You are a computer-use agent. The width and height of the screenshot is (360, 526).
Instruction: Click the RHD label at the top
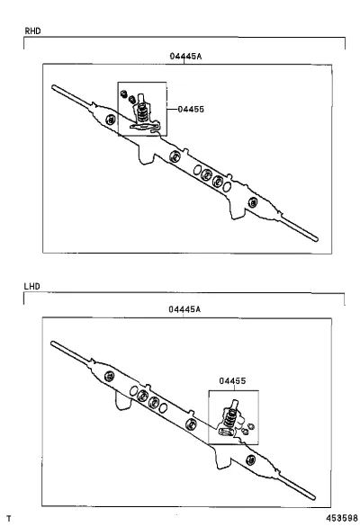pos(32,31)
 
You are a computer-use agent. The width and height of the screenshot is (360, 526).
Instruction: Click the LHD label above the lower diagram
pos(31,286)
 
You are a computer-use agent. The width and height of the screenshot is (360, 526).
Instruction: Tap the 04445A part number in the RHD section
pos(185,56)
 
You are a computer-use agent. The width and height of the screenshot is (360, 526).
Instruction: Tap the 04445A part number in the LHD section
pos(184,309)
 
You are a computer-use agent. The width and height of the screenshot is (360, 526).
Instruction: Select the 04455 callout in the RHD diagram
pos(191,109)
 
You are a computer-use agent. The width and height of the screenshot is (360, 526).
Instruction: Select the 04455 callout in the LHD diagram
pos(232,380)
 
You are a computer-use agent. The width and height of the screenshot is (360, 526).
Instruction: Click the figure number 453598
pos(341,518)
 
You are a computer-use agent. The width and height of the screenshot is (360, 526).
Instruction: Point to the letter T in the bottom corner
pos(9,519)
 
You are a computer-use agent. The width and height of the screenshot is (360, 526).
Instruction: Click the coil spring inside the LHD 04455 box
pos(229,418)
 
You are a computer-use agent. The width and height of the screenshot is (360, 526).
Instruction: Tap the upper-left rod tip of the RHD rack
pos(53,87)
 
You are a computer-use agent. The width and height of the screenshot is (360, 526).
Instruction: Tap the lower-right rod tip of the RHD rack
pos(316,239)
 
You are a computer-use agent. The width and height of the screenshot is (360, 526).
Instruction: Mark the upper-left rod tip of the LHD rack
pos(52,343)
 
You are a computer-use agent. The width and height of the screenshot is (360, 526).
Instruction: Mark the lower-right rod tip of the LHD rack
pos(313,497)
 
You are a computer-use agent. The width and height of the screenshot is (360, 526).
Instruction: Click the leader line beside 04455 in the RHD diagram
pos(172,109)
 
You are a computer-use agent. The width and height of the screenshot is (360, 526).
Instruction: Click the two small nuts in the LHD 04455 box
pos(247,429)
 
